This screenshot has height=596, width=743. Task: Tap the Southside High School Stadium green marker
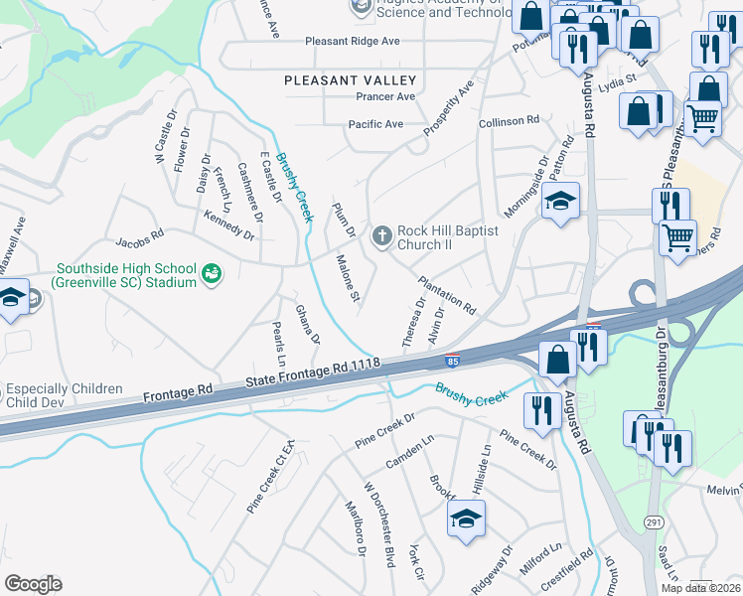211,272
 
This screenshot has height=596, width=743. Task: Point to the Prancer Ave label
385,97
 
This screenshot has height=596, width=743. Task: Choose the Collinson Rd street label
509,120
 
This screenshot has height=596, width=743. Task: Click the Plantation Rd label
447,293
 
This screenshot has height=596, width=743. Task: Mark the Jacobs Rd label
138,239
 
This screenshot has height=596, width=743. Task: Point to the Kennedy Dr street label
228,225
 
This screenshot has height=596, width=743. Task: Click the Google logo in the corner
32,584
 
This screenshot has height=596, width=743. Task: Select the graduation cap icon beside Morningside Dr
560,202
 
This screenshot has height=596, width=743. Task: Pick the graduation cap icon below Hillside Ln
465,519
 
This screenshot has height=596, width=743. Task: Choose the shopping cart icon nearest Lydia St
703,119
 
